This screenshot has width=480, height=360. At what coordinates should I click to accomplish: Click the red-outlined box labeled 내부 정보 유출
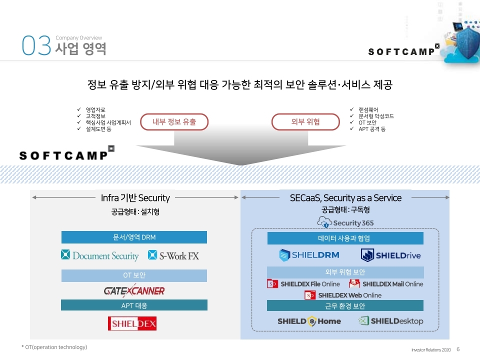point(174,121)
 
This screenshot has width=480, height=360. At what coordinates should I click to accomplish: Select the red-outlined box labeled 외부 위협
point(305,121)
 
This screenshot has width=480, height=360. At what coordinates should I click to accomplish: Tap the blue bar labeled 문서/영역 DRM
point(134,237)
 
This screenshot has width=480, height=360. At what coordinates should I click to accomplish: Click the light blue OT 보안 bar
point(134,275)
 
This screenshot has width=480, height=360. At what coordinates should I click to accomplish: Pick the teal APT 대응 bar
point(134,305)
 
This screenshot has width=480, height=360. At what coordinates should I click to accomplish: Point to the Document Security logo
point(100,255)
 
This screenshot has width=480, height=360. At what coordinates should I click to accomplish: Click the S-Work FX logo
point(173,255)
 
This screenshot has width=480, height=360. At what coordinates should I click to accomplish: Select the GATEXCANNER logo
point(134,290)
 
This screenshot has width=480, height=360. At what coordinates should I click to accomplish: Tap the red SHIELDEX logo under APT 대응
point(132,323)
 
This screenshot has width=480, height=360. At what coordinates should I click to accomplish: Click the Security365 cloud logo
point(345,222)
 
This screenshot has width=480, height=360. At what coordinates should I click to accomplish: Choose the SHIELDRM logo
point(309,255)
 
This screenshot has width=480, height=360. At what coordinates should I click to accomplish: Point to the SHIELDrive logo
point(391,255)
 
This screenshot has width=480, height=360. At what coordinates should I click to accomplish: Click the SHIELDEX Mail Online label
point(386,284)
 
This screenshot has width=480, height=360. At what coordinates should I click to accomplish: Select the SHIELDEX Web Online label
point(343,295)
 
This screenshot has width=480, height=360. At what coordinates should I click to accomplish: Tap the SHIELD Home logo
point(309,321)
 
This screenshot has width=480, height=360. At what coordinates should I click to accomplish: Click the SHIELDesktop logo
point(390,321)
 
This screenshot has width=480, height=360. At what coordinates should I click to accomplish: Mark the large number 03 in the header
point(36,46)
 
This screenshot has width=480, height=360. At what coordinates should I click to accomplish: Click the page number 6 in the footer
point(458,349)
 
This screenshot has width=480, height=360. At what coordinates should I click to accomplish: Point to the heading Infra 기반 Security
point(135,198)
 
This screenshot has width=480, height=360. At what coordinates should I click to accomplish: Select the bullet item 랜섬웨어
point(368,109)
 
